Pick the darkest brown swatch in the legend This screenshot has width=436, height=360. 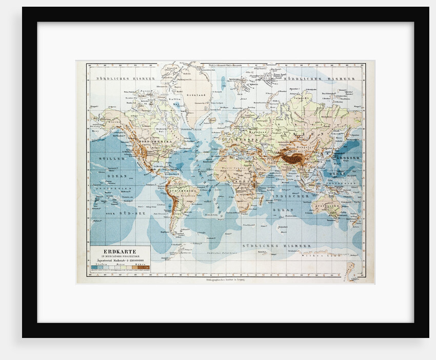click(146, 268)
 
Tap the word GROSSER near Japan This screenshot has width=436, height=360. click(349, 158)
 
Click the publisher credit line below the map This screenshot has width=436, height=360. click(226, 280)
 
